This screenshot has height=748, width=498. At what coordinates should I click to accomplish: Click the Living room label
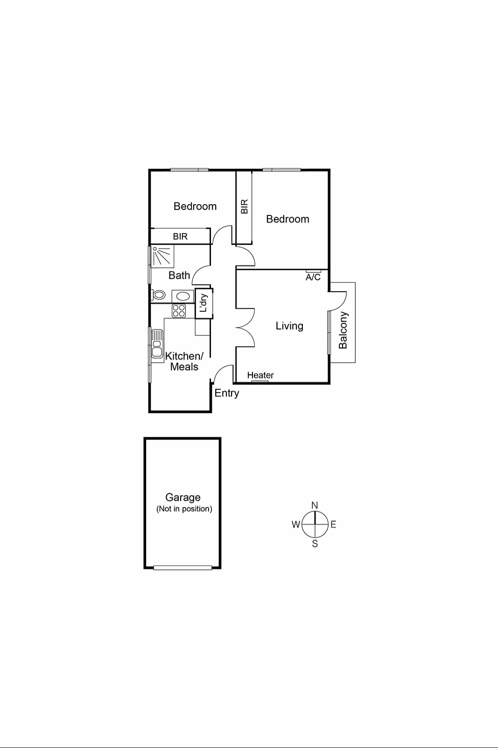(289, 326)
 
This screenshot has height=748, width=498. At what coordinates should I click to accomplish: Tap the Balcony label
(343, 330)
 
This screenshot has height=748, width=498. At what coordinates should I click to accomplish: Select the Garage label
(183, 497)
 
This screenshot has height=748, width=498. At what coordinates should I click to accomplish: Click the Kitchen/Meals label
(184, 361)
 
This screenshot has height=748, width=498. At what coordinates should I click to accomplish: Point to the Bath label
(179, 275)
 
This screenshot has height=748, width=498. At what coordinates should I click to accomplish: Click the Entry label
(227, 393)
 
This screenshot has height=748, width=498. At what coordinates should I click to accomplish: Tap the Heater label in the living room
(260, 375)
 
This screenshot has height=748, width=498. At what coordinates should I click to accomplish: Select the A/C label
(313, 277)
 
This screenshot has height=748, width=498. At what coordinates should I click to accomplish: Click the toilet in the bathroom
(159, 295)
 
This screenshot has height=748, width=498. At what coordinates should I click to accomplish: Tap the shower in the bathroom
(162, 256)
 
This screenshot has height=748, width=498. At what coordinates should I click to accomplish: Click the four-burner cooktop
(179, 310)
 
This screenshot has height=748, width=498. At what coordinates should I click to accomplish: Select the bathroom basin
(183, 296)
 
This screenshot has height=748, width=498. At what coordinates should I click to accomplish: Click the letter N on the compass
(315, 505)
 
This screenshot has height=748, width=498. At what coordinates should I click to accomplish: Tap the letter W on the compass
(295, 524)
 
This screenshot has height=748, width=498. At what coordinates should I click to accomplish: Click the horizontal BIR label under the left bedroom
(180, 236)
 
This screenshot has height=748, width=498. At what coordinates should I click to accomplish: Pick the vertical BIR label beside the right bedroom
(244, 207)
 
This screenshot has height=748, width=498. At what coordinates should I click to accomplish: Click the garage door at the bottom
(182, 568)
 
